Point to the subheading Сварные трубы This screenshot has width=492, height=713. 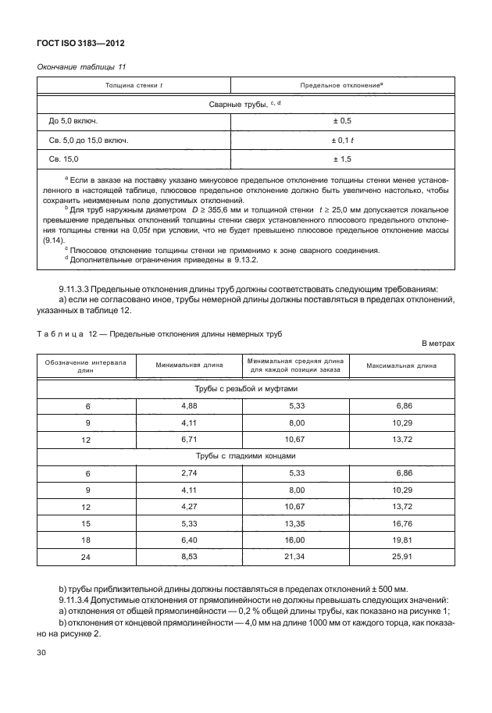(244, 104)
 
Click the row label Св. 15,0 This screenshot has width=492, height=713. (64, 159)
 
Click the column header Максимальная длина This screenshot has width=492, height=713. (404, 365)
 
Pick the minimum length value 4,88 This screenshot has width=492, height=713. (188, 406)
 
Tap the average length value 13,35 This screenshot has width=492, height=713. (295, 524)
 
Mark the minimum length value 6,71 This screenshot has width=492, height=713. (188, 440)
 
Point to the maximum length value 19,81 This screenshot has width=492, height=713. (404, 540)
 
